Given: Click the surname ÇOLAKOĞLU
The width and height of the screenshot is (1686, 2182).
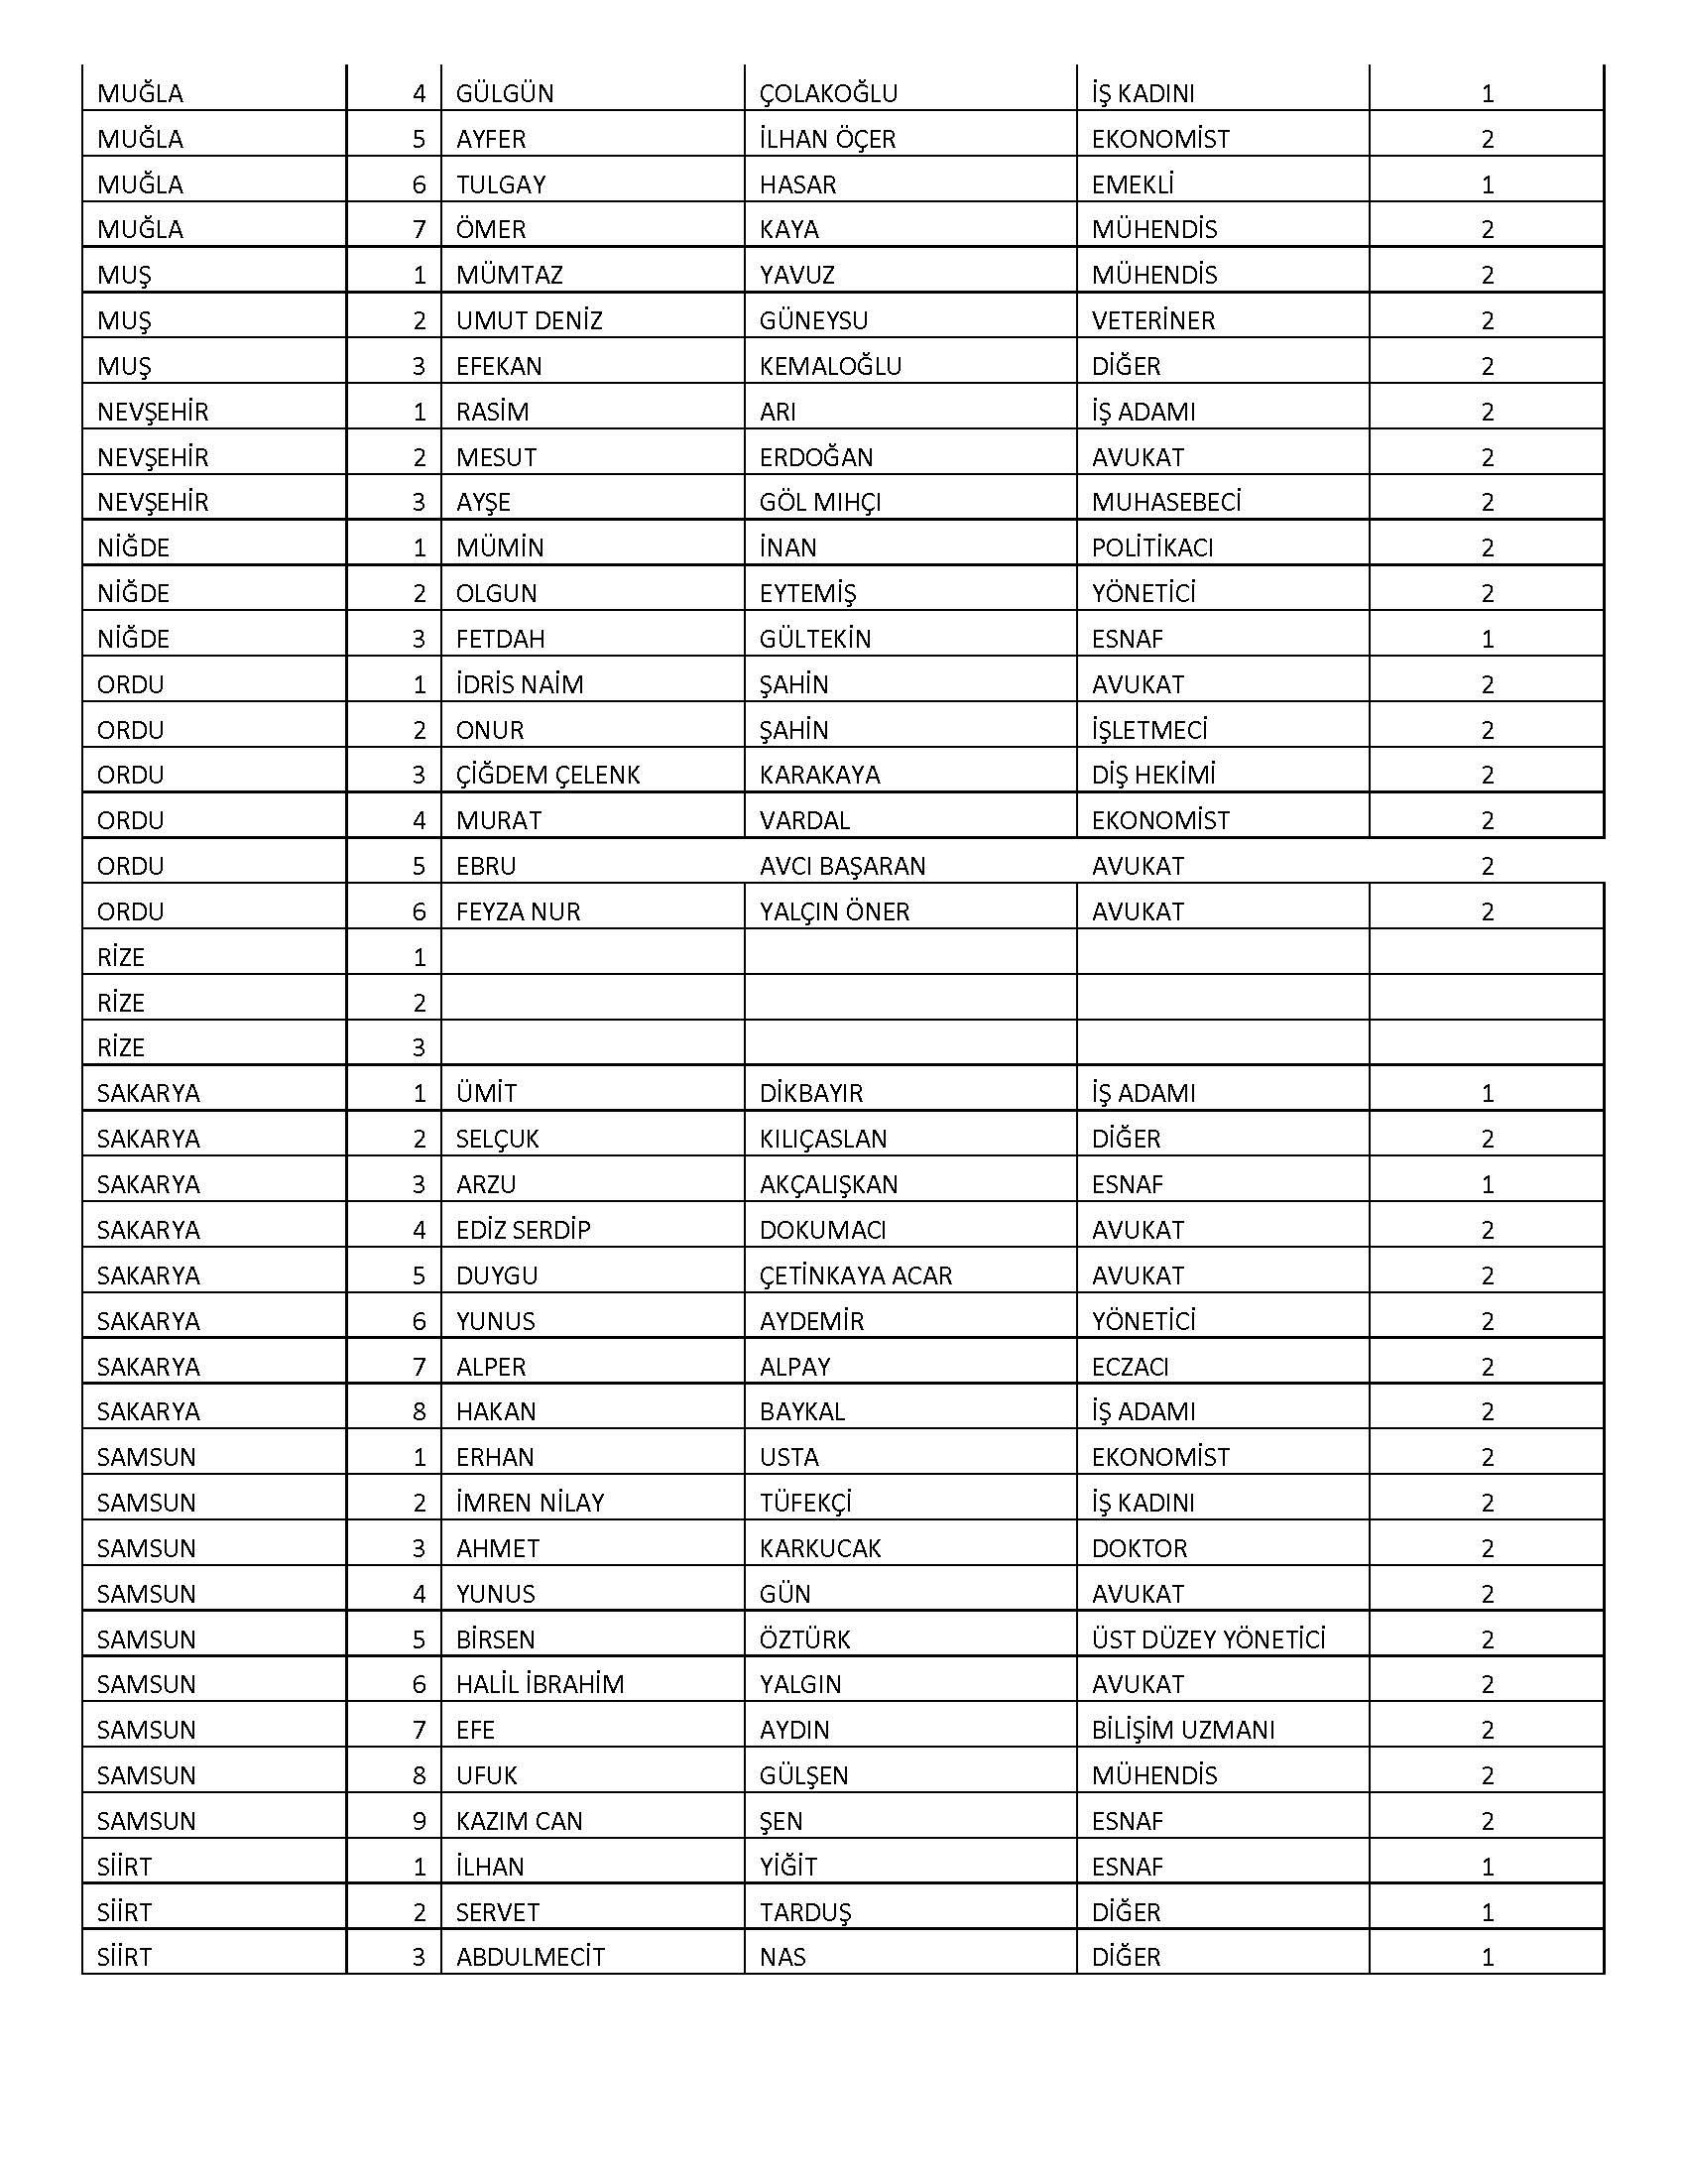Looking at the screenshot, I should (828, 94).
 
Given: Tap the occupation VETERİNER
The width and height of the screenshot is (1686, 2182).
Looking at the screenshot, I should (1152, 320).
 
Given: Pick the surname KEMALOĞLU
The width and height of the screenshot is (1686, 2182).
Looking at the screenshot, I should (830, 367).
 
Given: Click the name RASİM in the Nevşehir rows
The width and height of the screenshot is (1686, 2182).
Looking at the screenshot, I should (493, 412).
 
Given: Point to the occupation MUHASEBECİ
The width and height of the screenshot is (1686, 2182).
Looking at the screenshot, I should (1165, 502).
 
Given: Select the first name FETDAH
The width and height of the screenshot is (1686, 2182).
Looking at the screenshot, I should (501, 639).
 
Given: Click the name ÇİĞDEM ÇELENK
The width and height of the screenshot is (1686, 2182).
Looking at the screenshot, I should (547, 776).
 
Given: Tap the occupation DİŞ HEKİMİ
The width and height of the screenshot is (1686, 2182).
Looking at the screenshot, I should (1152, 776).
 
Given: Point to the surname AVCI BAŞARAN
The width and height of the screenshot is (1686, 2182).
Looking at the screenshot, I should (842, 866).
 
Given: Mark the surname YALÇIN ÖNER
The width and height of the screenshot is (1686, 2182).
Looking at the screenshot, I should (834, 911).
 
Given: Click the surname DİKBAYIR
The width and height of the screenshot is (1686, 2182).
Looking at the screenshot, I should (810, 1093).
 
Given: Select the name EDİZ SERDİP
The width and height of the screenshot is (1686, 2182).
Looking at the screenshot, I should (524, 1230).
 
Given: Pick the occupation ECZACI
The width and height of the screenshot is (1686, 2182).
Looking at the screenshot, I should (1130, 1366).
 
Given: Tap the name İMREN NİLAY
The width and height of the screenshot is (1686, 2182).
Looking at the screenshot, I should (530, 1503).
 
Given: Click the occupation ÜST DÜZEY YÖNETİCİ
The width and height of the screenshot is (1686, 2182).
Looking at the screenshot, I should (1208, 1639).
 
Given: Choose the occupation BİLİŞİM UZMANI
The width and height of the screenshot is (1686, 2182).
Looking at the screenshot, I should (1182, 1730).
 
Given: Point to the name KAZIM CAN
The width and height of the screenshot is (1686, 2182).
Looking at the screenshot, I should (519, 1820).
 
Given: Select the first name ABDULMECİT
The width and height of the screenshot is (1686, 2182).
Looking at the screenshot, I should (531, 1956).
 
